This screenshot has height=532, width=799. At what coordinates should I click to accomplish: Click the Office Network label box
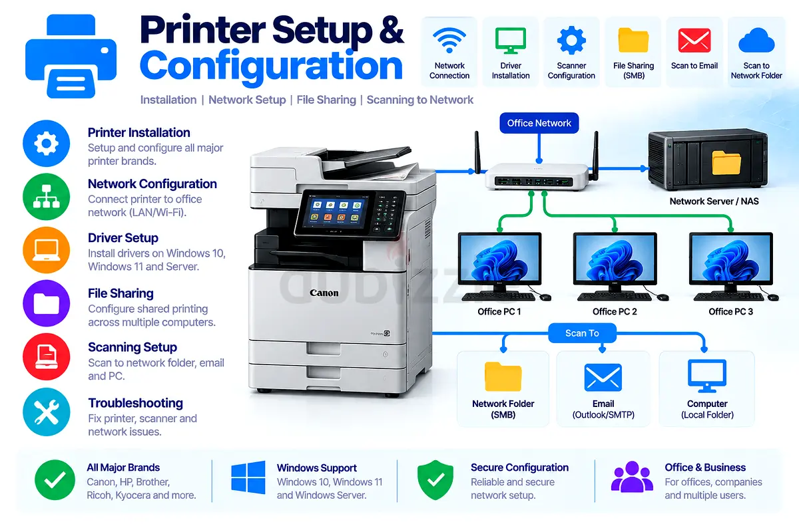pyautogui.click(x=539, y=123)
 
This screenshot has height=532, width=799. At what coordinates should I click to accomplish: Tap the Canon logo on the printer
pyautogui.click(x=324, y=293)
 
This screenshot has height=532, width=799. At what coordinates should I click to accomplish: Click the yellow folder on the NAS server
pyautogui.click(x=726, y=162)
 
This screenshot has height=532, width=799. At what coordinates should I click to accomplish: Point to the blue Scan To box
pyautogui.click(x=582, y=333)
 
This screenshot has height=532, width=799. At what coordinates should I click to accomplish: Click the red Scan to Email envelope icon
pyautogui.click(x=694, y=41)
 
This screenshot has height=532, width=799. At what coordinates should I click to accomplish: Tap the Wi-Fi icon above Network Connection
pyautogui.click(x=449, y=41)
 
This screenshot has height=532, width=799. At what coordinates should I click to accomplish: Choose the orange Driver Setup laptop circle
pyautogui.click(x=47, y=250)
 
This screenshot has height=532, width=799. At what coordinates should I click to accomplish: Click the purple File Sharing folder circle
pyautogui.click(x=47, y=303)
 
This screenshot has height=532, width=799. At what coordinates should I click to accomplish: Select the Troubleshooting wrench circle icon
pyautogui.click(x=47, y=412)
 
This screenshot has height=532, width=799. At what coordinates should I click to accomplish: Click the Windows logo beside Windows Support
pyautogui.click(x=248, y=477)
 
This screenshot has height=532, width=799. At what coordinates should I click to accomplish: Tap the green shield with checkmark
pyautogui.click(x=435, y=479)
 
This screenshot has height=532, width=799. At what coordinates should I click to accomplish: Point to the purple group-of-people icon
pyautogui.click(x=632, y=477)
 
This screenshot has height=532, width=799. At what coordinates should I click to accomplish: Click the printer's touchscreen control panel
pyautogui.click(x=336, y=213)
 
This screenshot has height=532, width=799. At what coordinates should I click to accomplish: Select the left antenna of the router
pyautogui.click(x=477, y=152)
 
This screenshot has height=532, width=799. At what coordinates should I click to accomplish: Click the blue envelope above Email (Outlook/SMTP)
pyautogui.click(x=603, y=377)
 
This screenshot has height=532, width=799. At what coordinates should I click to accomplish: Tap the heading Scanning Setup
pyautogui.click(x=133, y=347)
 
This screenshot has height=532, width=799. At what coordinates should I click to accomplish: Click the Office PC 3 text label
pyautogui.click(x=730, y=311)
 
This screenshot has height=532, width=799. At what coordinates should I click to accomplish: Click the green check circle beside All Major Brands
pyautogui.click(x=55, y=479)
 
